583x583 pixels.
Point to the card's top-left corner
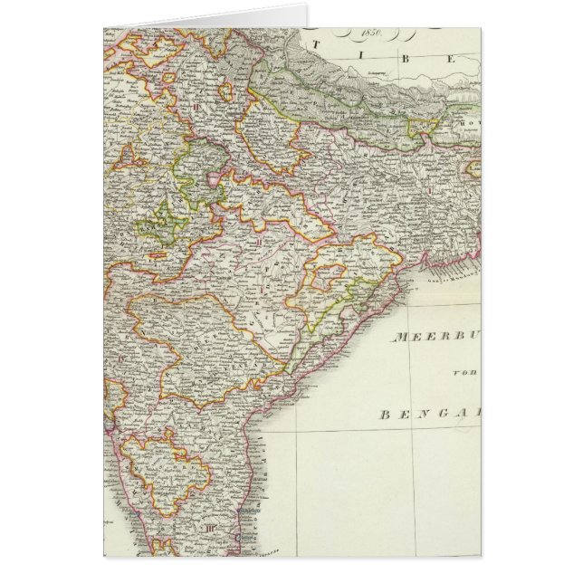click(x=103, y=27)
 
